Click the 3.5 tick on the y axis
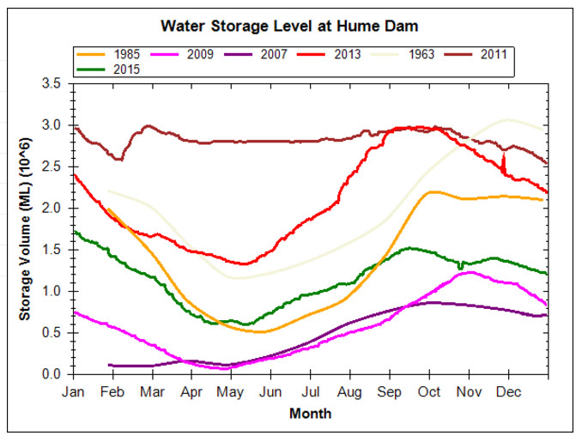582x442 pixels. tap(57, 84)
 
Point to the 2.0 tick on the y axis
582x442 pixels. tap(57, 209)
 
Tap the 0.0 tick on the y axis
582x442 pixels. tap(57, 374)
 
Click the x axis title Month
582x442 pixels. tap(310, 413)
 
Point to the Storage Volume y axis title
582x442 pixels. tap(25, 229)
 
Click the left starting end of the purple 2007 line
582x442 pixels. tap(110, 365)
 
